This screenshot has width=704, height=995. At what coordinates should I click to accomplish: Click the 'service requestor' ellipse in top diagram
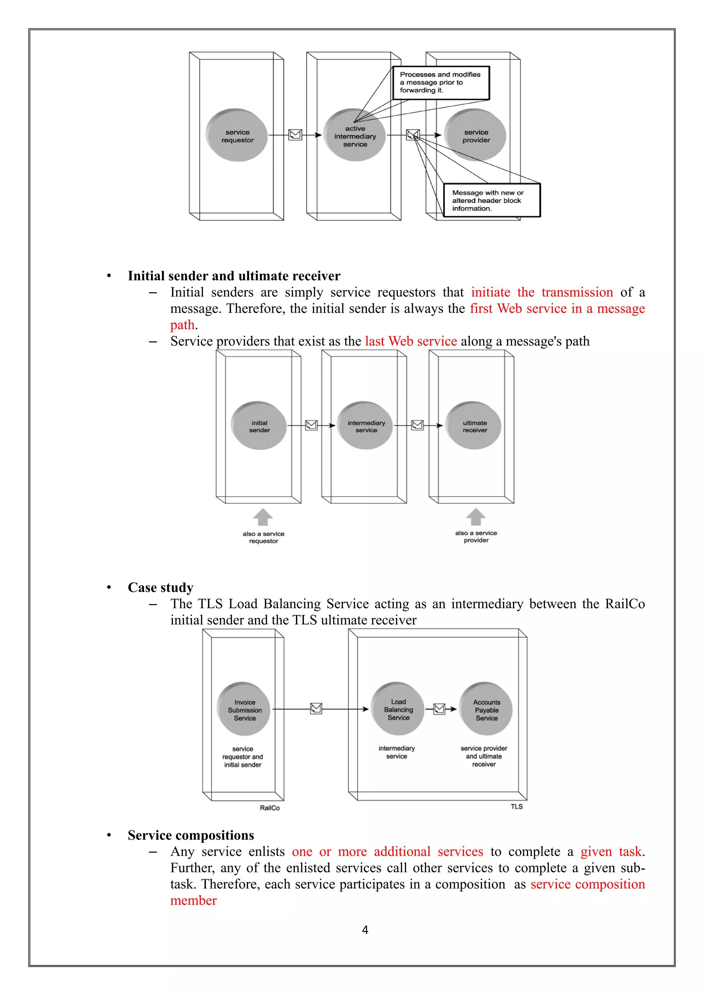pyautogui.click(x=237, y=136)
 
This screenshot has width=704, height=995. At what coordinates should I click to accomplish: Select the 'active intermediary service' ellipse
pyautogui.click(x=355, y=136)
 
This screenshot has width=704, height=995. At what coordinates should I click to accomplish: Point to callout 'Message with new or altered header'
pyautogui.click(x=492, y=200)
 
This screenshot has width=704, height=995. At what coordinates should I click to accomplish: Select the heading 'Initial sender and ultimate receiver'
pyautogui.click(x=234, y=276)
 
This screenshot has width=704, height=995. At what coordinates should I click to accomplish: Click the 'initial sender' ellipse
pyautogui.click(x=259, y=426)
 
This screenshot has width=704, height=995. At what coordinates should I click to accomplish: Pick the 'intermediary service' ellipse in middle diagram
pyautogui.click(x=365, y=426)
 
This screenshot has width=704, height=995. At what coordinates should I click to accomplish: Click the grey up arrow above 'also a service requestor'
pyautogui.click(x=263, y=517)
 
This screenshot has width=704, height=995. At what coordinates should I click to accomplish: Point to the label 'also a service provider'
pyautogui.click(x=476, y=537)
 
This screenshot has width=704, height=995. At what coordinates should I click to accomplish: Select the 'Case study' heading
pyautogui.click(x=161, y=588)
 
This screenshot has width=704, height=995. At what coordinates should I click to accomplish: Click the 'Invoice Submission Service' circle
pyautogui.click(x=244, y=710)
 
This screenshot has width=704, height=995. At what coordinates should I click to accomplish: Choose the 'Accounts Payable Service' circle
pyautogui.click(x=486, y=710)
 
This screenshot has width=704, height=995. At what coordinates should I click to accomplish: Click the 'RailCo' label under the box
pyautogui.click(x=269, y=808)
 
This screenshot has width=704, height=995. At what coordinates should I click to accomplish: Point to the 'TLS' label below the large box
pyautogui.click(x=516, y=806)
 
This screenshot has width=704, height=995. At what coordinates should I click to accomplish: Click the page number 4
pyautogui.click(x=365, y=930)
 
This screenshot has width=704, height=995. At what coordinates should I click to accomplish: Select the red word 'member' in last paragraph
pyautogui.click(x=193, y=901)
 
